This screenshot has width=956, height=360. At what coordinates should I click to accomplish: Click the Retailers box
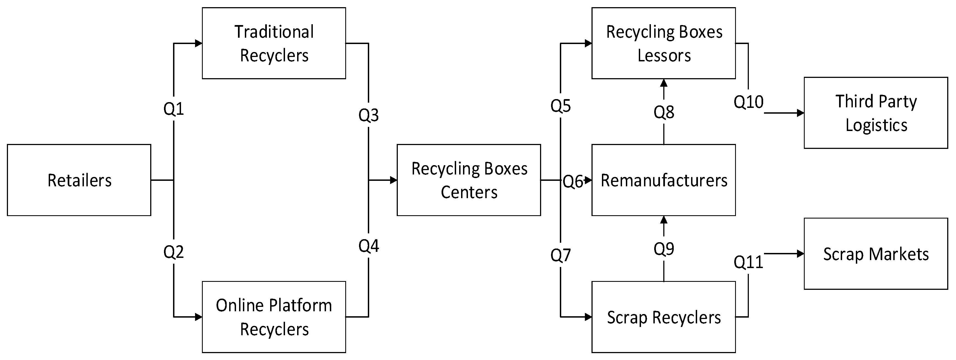point(79,180)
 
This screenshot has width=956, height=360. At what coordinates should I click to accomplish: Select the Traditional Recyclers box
point(274,43)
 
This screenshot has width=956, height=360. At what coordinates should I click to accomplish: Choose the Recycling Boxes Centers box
point(469,180)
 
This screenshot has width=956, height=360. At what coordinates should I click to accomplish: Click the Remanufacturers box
point(664,180)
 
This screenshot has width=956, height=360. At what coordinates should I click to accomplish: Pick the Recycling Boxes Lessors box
point(664,43)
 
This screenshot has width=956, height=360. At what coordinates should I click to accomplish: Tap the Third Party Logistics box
point(876,113)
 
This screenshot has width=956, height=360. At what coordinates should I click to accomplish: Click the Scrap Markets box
point(876,253)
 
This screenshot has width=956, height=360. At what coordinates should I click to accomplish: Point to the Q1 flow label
point(174,109)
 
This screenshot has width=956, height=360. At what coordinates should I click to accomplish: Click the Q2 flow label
point(174,252)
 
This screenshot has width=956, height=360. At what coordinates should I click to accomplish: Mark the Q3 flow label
point(369,115)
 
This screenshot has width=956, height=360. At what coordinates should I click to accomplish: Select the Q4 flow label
point(369,246)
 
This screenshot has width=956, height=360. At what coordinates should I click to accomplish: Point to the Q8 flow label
point(664,112)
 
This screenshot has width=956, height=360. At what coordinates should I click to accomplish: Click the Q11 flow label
point(748,262)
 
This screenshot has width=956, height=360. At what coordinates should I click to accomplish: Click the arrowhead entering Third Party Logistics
point(801,113)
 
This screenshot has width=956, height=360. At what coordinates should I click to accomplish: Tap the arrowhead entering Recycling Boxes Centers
point(393,180)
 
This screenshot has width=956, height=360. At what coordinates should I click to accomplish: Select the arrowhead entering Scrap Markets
point(801,254)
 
